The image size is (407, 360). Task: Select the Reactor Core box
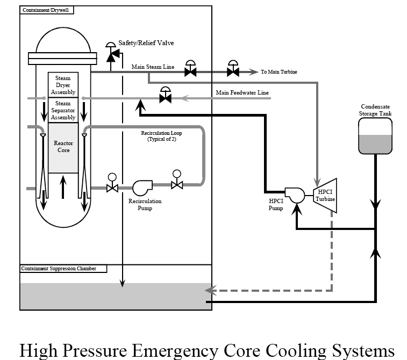tap(63, 147)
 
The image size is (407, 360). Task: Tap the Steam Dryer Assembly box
tap(63, 85)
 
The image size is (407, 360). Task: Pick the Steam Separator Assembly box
tap(63, 110)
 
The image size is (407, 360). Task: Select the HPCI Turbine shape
tap(326, 196)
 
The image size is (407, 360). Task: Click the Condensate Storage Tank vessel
tap(375, 135)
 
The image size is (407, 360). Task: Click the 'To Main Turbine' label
tap(279, 72)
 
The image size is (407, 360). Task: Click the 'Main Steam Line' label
tap(153, 67)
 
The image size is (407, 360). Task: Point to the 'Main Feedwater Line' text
tap(242, 93)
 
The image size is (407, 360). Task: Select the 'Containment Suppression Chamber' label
tap(59, 269)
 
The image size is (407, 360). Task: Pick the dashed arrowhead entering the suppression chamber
tap(209, 291)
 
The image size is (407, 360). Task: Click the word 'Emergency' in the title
tap(187, 350)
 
